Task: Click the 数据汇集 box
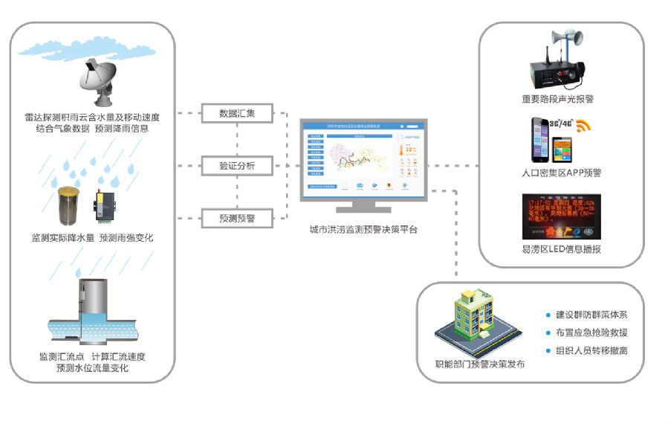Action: pyautogui.click(x=237, y=114)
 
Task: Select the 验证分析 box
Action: pyautogui.click(x=237, y=166)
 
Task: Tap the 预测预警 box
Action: pyautogui.click(x=237, y=218)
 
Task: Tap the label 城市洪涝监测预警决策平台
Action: pyautogui.click(x=363, y=230)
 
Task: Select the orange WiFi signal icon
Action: pyautogui.click(x=583, y=125)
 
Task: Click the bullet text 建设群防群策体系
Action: pyautogui.click(x=591, y=315)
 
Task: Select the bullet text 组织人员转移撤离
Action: pyautogui.click(x=591, y=350)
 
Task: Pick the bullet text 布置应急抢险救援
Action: pyautogui.click(x=591, y=333)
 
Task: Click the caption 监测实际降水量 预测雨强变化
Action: pyautogui.click(x=93, y=238)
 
